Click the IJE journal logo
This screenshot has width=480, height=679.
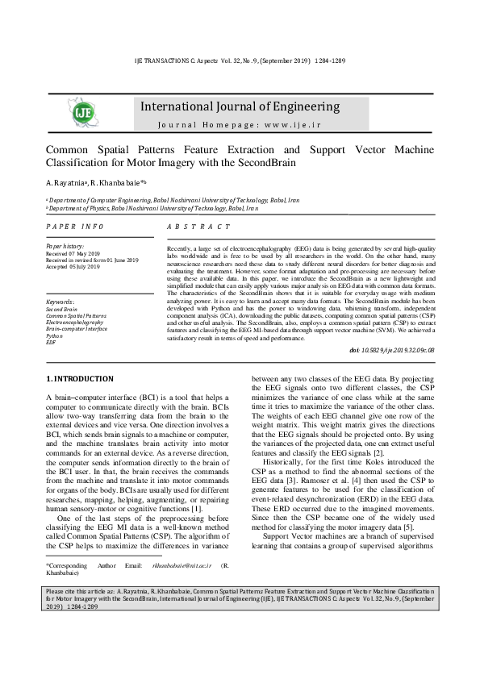click(x=83, y=112)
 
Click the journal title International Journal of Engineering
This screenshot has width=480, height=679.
click(x=240, y=106)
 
